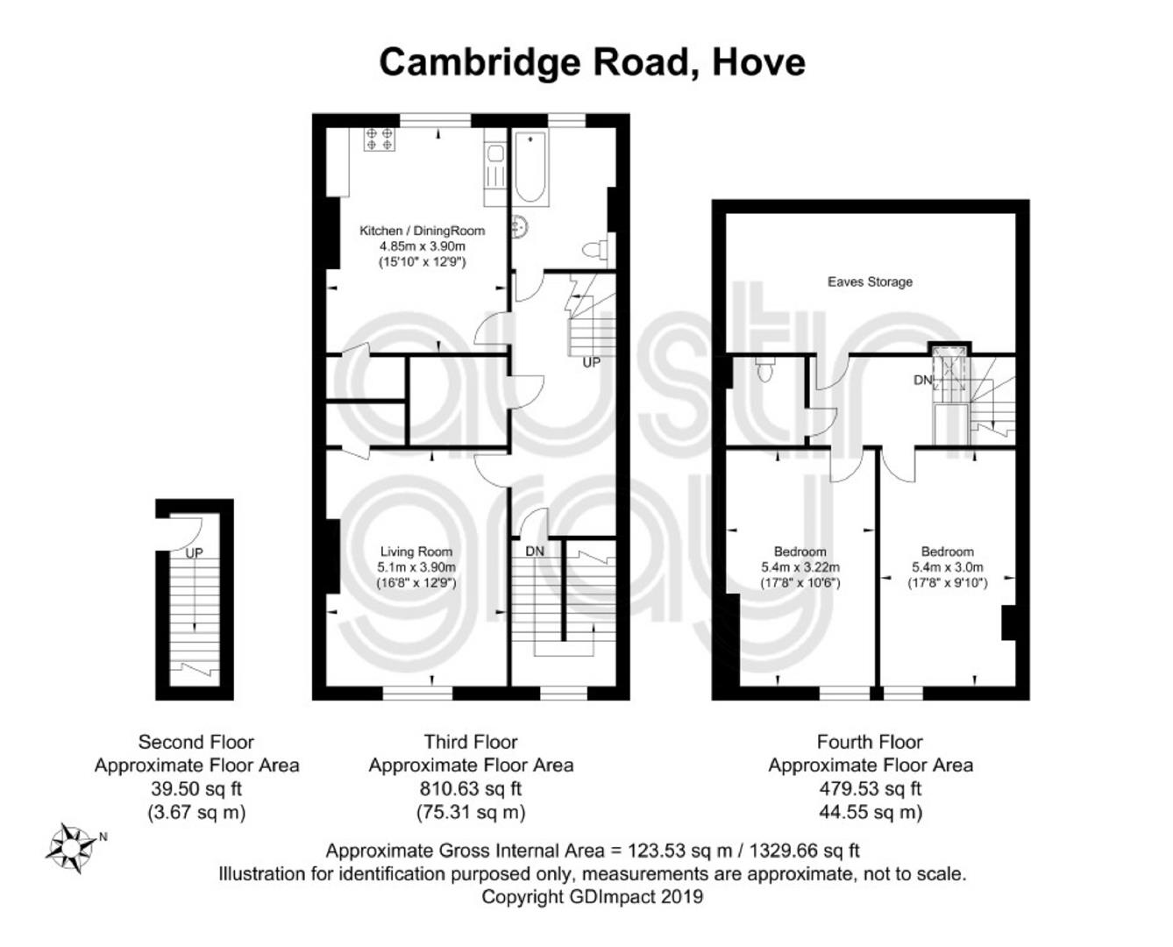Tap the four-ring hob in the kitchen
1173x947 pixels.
(x=379, y=139)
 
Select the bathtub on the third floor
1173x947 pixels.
(x=531, y=167)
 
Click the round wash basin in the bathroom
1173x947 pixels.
(x=519, y=226)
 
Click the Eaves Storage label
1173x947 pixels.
(x=870, y=281)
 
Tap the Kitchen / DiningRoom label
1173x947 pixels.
(x=422, y=231)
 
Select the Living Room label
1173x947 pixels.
(x=416, y=552)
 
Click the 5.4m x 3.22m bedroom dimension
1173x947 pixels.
(x=800, y=566)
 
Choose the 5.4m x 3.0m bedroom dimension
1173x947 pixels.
(x=947, y=566)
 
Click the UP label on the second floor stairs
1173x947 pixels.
(x=194, y=552)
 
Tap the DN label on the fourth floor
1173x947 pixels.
(x=923, y=381)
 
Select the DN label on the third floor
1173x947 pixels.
(x=534, y=551)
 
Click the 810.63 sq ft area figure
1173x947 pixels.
(x=470, y=789)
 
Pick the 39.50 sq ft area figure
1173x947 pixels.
(x=196, y=789)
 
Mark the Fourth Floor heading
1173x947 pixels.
(x=870, y=742)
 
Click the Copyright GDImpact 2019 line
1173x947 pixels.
(x=592, y=896)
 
